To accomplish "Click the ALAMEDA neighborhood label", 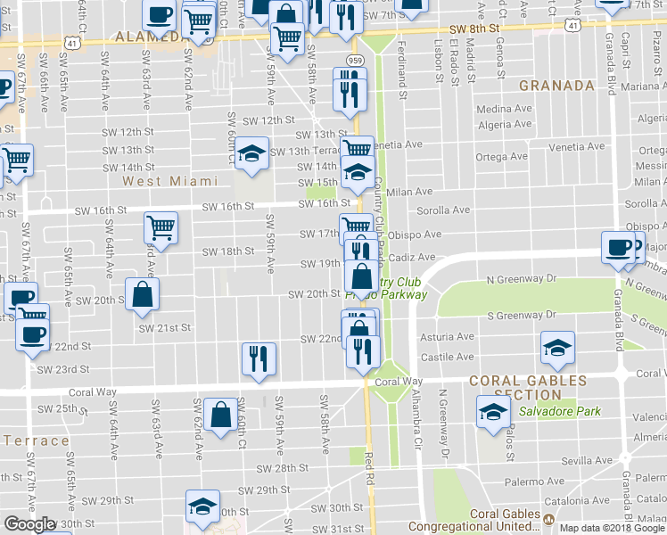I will [147, 37].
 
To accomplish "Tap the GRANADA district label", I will [556, 86].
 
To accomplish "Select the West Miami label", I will [169, 181].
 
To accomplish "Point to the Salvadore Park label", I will [558, 412].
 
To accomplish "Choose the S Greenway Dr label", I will [522, 315].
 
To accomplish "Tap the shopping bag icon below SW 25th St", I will [220, 415].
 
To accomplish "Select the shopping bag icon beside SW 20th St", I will [143, 294].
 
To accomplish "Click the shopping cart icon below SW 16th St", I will [161, 226].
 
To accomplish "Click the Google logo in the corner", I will [30, 524].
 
